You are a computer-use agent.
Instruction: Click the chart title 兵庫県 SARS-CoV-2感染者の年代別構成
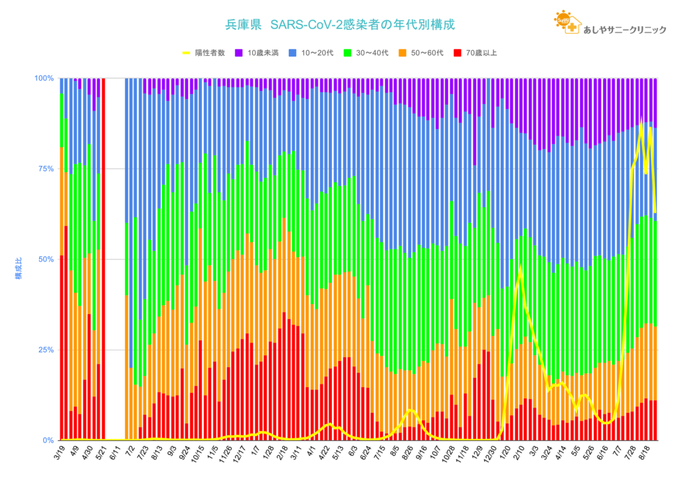pyautogui.click(x=340, y=25)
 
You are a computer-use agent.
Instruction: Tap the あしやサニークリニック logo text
pyautogui.click(x=624, y=29)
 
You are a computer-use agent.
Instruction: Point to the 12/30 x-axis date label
pyautogui.click(x=490, y=455)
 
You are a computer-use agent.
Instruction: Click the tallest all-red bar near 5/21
pyautogui.click(x=104, y=259)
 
